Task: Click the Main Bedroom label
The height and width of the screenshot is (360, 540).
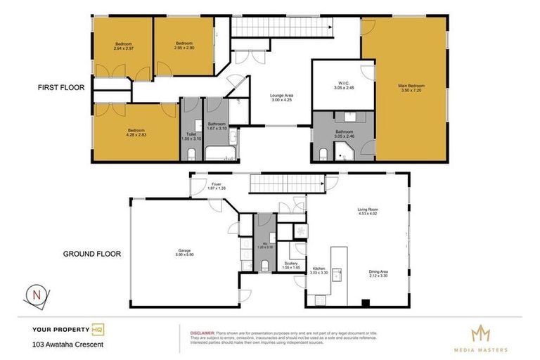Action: pos(411,88)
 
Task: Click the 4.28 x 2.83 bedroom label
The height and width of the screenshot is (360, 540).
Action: pos(136,132)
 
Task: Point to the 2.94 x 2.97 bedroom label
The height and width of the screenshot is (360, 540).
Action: pos(123,47)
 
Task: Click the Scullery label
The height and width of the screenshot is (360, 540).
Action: pos(291,265)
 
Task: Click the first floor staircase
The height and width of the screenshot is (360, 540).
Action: pos(281,27)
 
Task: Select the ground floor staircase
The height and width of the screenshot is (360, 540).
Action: pos(284,184)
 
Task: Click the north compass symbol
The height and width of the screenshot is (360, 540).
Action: pos(33,295)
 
